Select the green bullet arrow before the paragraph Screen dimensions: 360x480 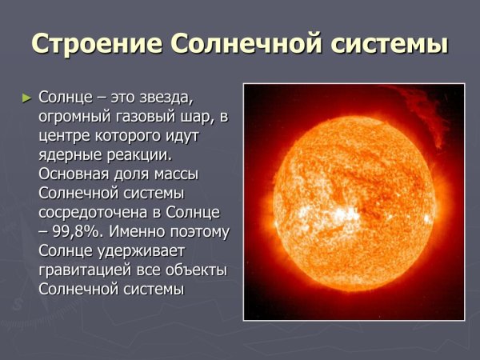(x=28, y=98)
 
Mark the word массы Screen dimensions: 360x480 (x=174, y=175)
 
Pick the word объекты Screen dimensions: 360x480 (x=196, y=271)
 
